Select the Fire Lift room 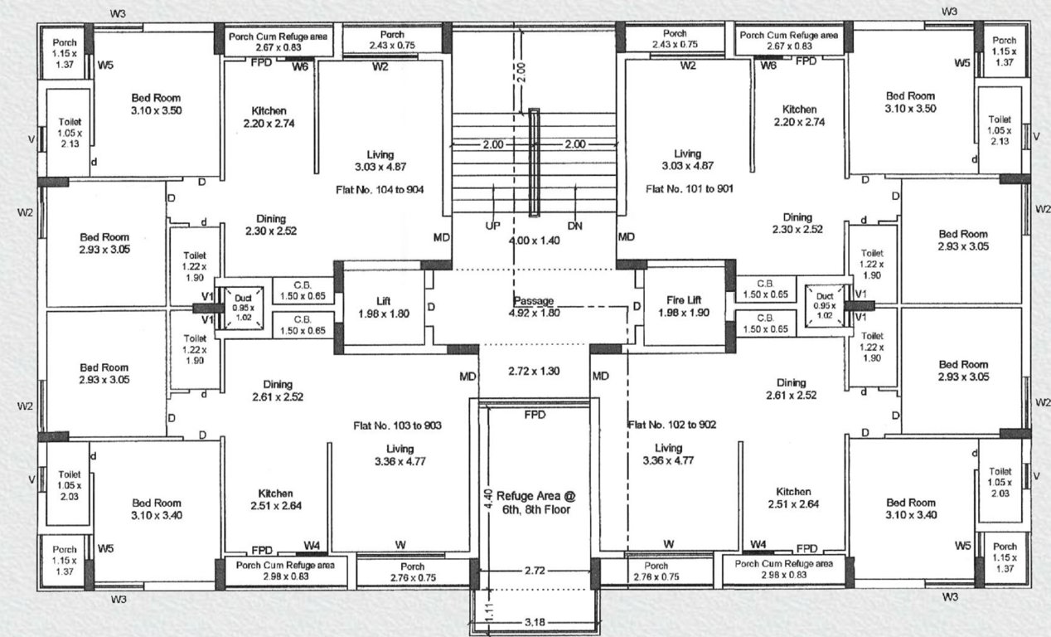pos(685,307)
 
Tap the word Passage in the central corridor pos(532,301)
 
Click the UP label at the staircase pos(492,226)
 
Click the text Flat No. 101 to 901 pos(687,189)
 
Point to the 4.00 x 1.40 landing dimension pos(534,241)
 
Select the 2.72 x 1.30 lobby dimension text pos(534,371)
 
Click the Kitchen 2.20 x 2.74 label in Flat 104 pos(269,117)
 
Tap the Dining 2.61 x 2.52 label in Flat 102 pos(791,389)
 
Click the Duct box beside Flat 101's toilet pos(824,305)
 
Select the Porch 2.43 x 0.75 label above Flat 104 pos(392,39)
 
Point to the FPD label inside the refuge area pos(535,416)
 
